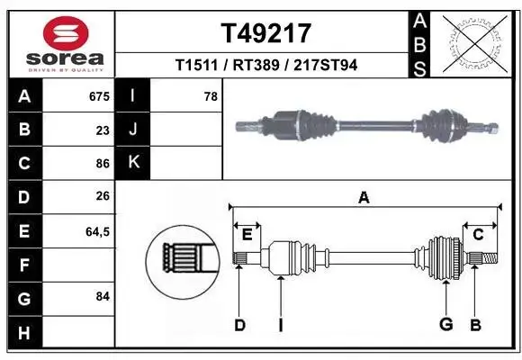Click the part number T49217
265,33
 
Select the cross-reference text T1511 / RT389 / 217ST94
265,65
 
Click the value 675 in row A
99,96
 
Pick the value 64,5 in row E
96,231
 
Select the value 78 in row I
211,96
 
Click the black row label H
23,331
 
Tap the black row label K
133,163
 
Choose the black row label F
23,265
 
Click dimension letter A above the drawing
364,198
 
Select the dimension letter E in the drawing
247,235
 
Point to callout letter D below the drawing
239,326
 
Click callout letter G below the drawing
445,326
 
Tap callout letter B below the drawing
475,326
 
